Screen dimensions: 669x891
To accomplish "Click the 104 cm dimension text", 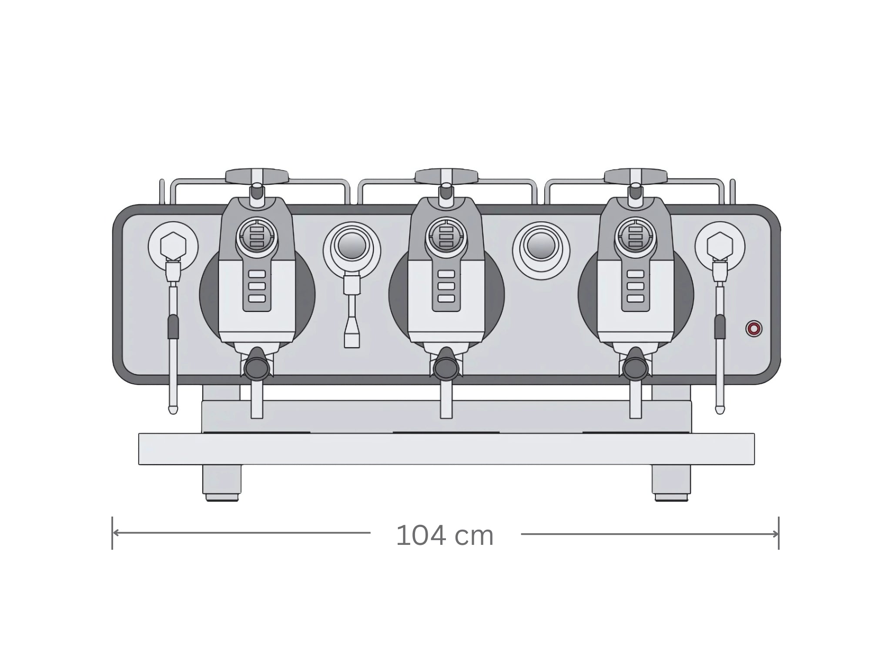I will click(x=445, y=536).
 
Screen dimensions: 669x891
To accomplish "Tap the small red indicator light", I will click(x=754, y=329).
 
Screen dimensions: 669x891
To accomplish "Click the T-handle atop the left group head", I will click(x=257, y=176).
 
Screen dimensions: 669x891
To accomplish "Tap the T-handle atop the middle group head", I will click(x=446, y=176).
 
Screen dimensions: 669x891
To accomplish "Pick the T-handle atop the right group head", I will click(x=635, y=176).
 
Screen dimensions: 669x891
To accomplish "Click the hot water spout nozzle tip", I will click(x=352, y=340).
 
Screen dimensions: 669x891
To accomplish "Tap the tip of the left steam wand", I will click(x=173, y=409).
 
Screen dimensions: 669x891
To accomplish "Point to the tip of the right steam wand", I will click(x=720, y=409).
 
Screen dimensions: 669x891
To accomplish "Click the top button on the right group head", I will click(x=635, y=274).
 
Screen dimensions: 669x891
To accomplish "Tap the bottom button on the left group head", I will click(x=257, y=298).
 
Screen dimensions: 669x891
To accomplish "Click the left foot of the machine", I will click(x=222, y=483).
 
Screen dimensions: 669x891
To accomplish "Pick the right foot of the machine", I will click(x=671, y=483).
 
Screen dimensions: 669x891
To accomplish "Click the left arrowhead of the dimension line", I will click(x=115, y=533).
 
